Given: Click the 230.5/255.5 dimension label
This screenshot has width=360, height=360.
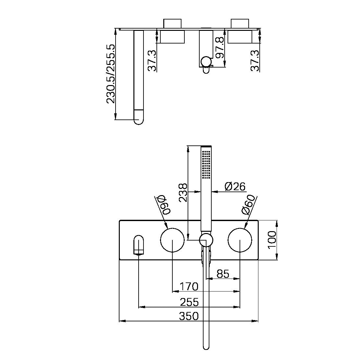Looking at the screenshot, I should click(111, 74).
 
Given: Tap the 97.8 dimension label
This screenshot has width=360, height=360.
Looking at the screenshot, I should click(220, 47).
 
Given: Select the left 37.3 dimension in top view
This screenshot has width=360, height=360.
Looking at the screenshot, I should click(152, 60).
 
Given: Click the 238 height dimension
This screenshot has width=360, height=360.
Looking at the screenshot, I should click(183, 192).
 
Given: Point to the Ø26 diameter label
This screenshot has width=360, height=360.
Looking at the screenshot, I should click(235, 187).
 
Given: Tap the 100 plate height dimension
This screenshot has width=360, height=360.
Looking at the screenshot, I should click(272, 240).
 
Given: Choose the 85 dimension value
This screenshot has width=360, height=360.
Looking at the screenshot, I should click(223, 274).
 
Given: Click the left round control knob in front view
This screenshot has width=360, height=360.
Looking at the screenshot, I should click(172, 240).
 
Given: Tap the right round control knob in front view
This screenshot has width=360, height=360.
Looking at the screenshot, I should click(240, 240).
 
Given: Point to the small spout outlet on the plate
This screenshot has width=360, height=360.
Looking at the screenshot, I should click(139, 245).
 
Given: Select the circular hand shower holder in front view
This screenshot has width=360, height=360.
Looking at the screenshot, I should click(206, 240).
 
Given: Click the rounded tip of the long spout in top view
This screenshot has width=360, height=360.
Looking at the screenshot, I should click(139, 119).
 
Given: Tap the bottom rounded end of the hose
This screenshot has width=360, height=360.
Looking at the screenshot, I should click(206, 347).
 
